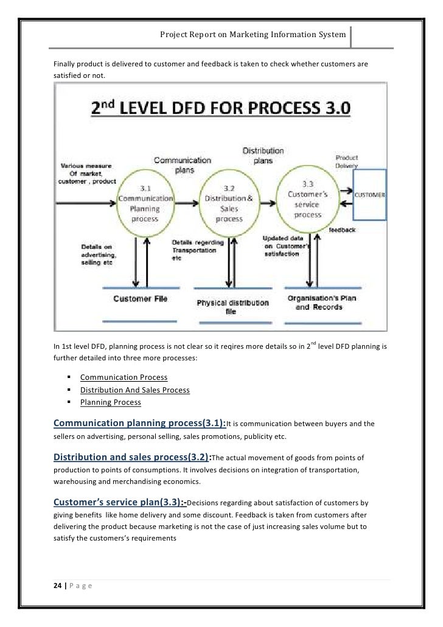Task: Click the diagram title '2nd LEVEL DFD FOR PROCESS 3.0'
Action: pos(220,110)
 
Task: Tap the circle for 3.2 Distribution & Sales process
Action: pos(224,201)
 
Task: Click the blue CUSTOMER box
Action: pos(370,195)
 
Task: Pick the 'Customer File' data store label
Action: pos(140,299)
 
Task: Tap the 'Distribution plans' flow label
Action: pos(263,155)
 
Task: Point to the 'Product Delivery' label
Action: pos(347,161)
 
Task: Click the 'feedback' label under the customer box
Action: pos(343,230)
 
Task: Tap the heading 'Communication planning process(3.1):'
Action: pos(139,424)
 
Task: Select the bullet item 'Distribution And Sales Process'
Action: pos(134,390)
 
